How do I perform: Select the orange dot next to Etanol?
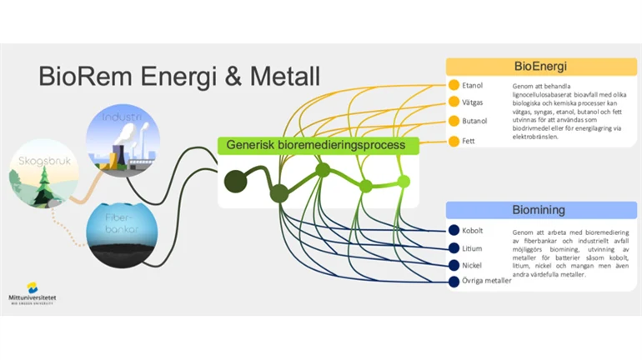click(x=454, y=85)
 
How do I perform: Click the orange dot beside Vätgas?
click(x=454, y=102)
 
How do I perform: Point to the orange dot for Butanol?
click(x=454, y=122)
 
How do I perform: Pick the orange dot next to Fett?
click(x=454, y=141)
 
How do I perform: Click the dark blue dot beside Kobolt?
click(x=454, y=230)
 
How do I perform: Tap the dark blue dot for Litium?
click(x=454, y=248)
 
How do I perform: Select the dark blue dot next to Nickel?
click(x=454, y=265)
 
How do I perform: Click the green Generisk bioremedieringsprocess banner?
click(x=317, y=145)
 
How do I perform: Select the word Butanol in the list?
click(x=474, y=122)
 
